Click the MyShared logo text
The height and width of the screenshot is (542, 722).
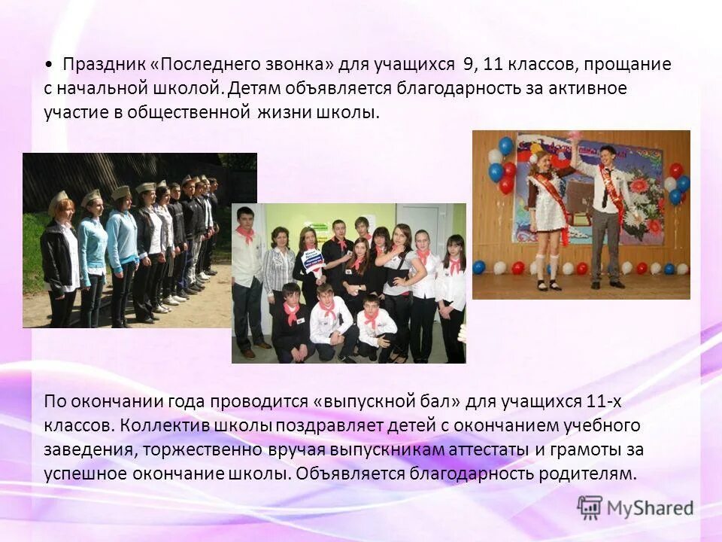649,508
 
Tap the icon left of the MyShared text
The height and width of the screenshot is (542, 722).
590,507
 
